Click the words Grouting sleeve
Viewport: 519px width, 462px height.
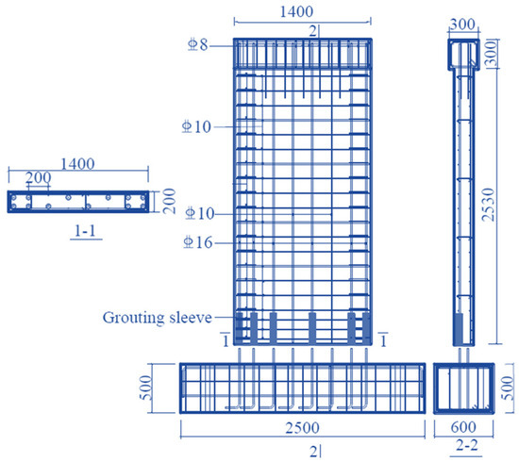click(158, 318)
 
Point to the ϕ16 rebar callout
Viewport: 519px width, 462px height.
click(198, 243)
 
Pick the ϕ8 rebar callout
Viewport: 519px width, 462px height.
click(196, 43)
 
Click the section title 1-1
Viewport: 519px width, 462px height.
click(83, 229)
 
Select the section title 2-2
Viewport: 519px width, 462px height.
click(463, 446)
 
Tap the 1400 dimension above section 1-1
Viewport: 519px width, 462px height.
click(78, 163)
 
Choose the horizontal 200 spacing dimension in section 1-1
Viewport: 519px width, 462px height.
click(39, 177)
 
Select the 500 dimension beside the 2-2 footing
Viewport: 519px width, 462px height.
click(510, 387)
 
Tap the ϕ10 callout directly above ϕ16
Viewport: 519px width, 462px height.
click(198, 215)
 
